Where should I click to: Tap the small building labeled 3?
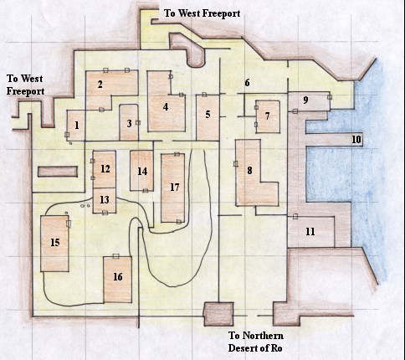129,123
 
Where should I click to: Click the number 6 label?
247,83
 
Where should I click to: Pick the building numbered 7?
267,117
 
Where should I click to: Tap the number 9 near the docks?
305,100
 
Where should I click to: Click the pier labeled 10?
356,139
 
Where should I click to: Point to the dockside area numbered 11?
310,231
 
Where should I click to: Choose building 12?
105,169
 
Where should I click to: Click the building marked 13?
105,200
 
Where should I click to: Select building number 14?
142,171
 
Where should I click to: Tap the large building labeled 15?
55,243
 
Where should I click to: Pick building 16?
117,277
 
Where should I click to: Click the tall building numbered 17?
174,187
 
